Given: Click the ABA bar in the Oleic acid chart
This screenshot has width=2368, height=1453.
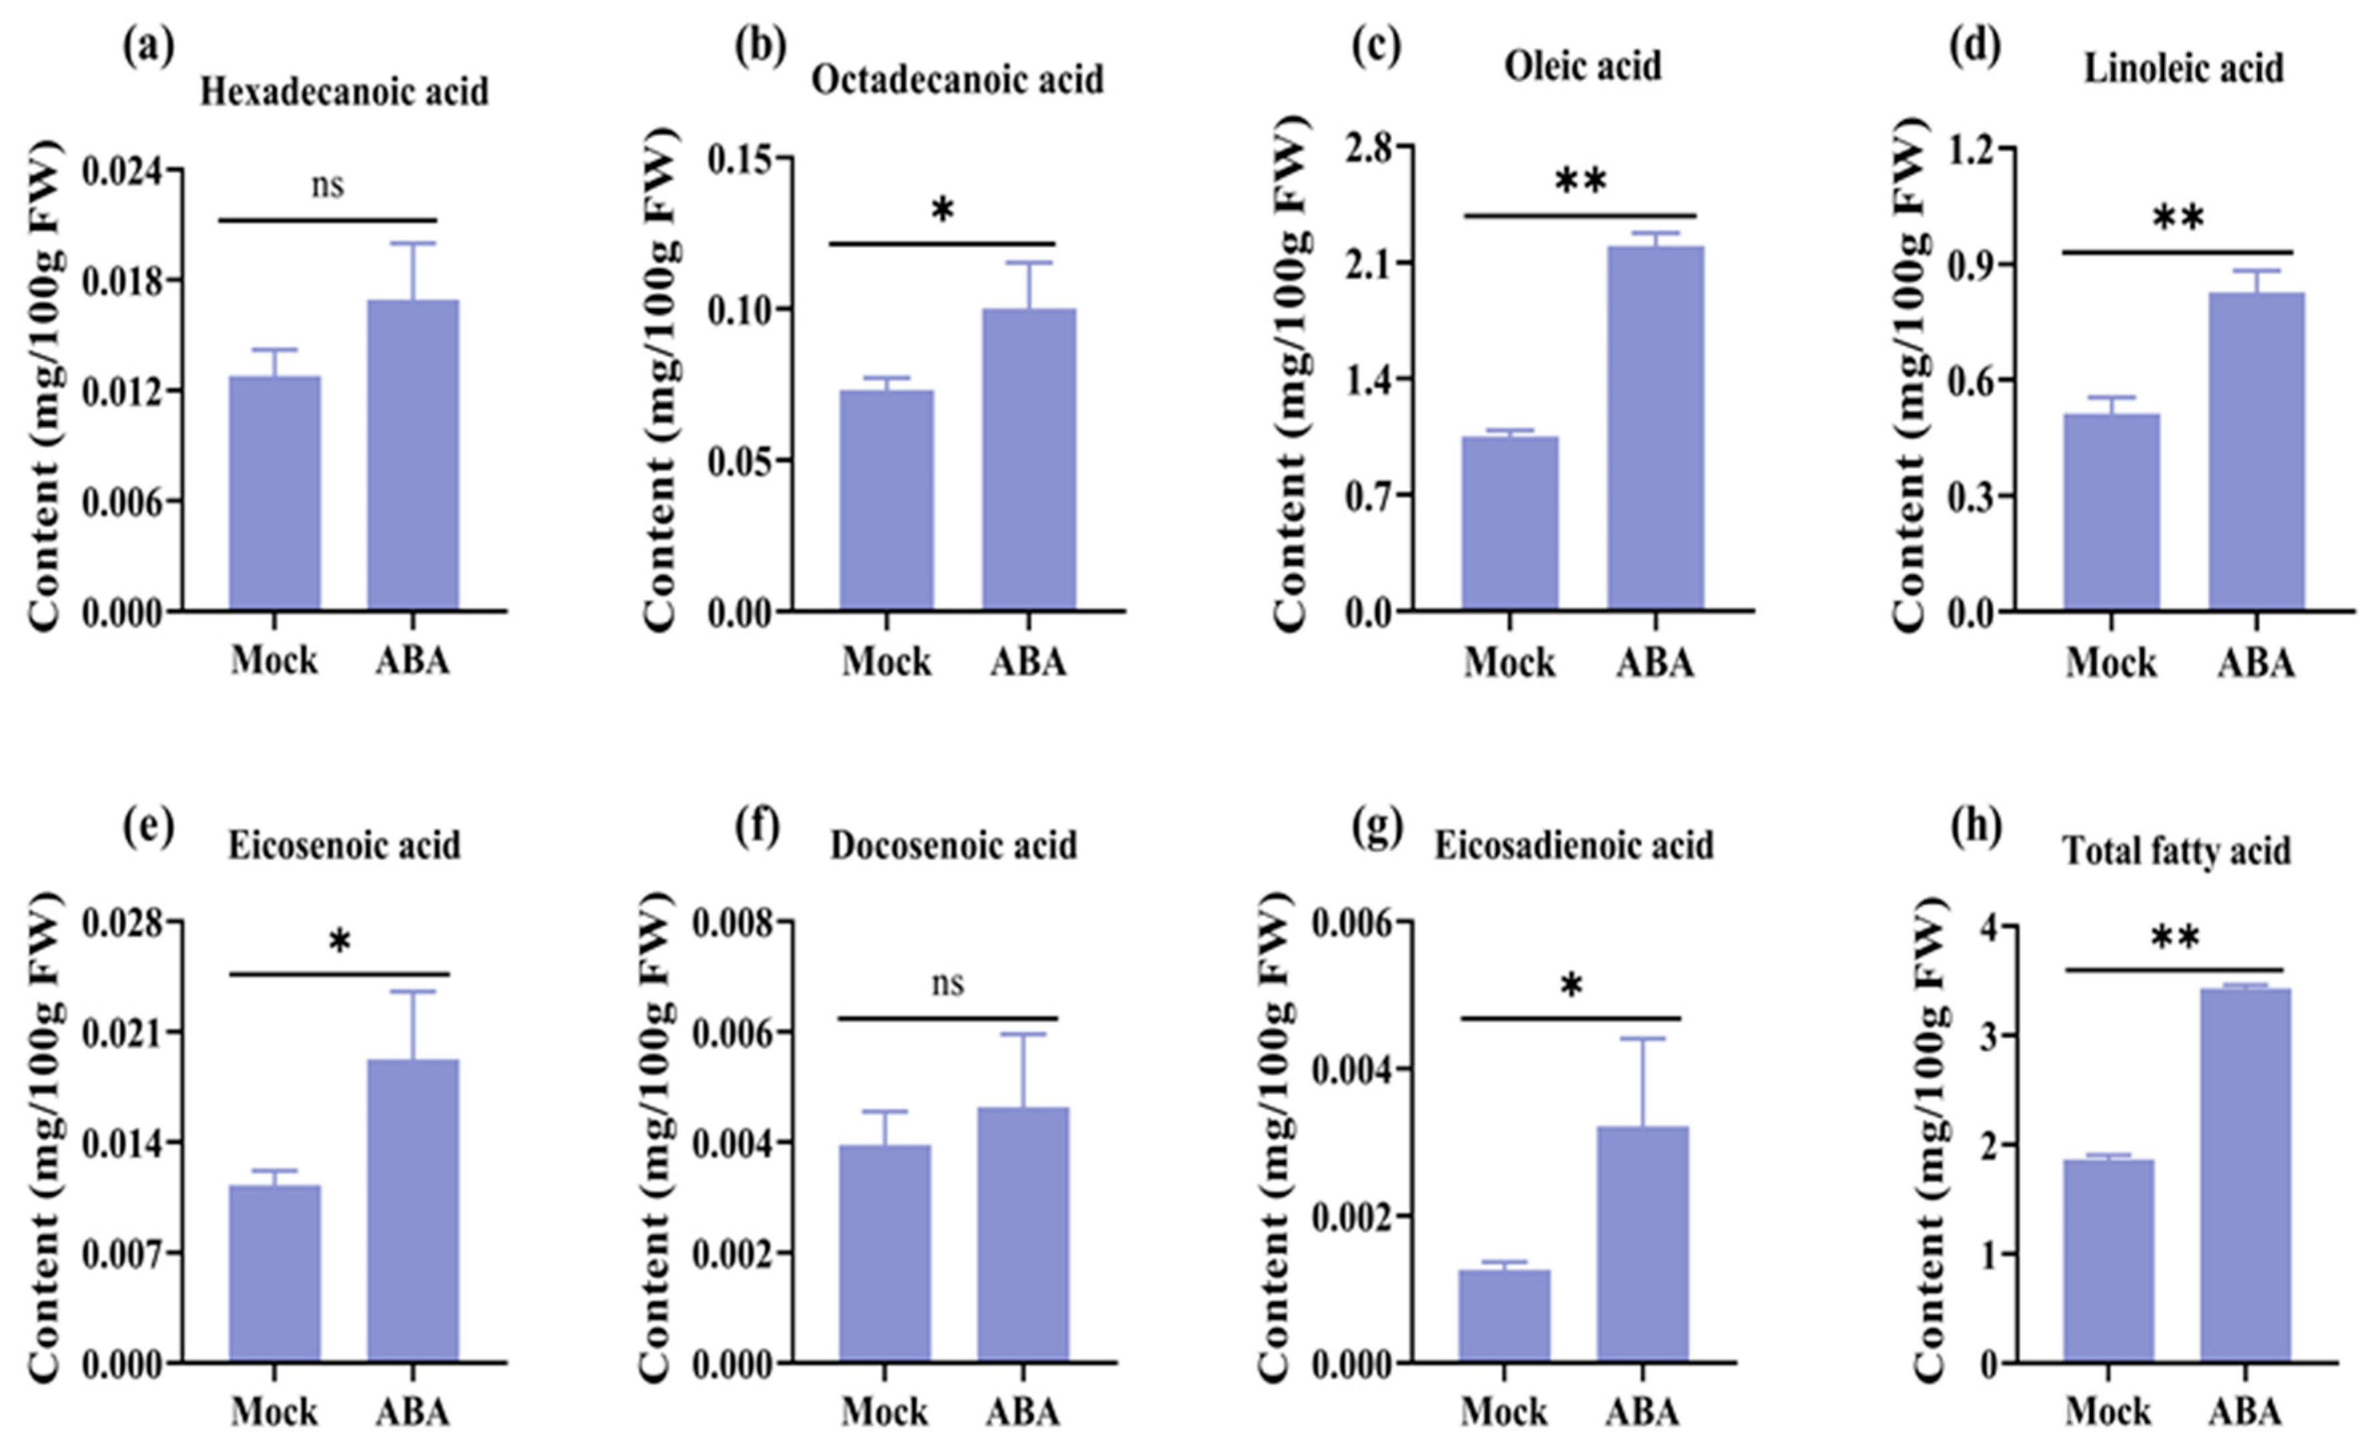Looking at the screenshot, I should tap(1655, 427).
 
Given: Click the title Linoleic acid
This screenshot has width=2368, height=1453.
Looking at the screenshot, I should tap(2184, 69).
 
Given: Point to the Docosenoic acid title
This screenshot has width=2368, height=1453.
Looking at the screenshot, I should tap(953, 846).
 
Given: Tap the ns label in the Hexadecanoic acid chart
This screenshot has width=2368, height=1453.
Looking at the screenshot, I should tap(328, 184).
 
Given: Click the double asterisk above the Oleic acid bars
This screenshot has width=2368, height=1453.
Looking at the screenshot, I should tap(1581, 180).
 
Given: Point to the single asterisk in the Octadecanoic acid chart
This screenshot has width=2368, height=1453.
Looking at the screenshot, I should tap(942, 210).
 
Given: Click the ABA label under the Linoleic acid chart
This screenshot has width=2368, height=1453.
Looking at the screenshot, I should tap(2255, 663).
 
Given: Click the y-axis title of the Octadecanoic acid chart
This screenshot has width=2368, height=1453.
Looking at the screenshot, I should tap(658, 385).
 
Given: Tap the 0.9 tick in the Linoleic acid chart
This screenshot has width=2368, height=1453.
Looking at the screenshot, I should tap(1993, 265).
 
